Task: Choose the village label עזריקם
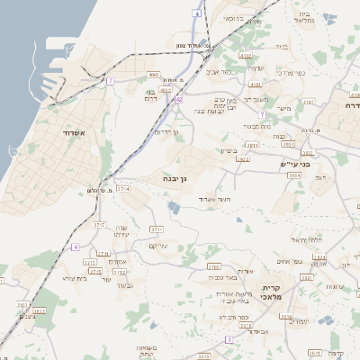coord(158,246)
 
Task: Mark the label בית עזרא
coord(74,278)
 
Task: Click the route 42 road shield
coord(179,99)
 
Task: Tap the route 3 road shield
coord(229,339)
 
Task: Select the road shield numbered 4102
coord(246,55)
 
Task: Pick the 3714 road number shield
coord(123,189)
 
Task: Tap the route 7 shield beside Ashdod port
coord(110,81)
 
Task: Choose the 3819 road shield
coord(285,317)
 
